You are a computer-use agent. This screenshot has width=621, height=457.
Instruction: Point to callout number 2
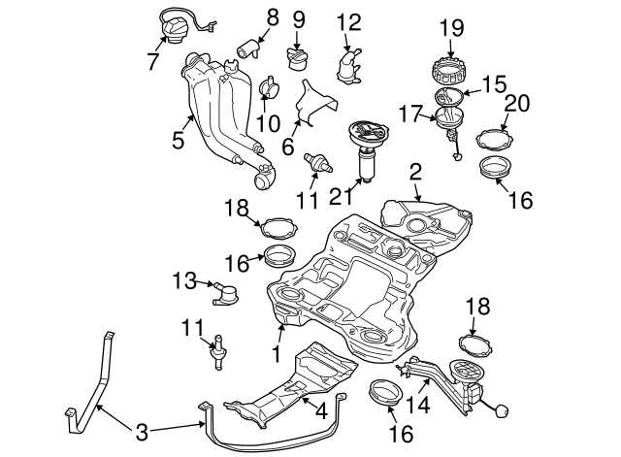pyautogui.click(x=414, y=172)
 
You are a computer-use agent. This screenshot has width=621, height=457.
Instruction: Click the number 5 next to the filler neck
pyautogui.click(x=178, y=140)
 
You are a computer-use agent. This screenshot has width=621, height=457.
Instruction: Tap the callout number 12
pyautogui.click(x=348, y=20)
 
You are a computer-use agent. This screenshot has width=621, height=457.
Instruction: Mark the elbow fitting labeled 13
pyautogui.click(x=227, y=290)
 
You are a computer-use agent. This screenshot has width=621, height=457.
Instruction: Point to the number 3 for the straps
pyautogui.click(x=143, y=429)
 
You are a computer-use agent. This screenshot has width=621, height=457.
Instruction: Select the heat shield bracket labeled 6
pyautogui.click(x=310, y=101)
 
